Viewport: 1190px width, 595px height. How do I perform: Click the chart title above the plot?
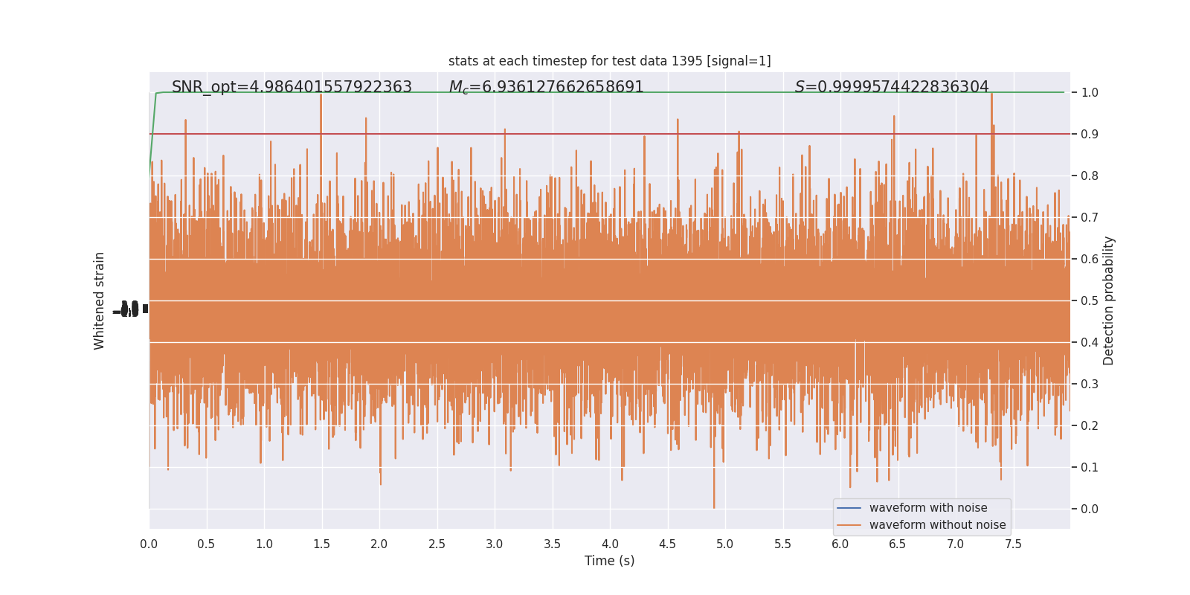coord(609,61)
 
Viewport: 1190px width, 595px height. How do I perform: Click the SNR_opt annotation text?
coord(292,87)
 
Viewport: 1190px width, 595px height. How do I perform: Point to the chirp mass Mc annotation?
coord(546,87)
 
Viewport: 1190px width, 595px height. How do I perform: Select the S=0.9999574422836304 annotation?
coord(891,87)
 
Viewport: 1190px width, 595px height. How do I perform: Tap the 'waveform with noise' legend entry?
coord(927,508)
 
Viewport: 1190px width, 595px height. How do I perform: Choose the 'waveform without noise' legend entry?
coord(936,525)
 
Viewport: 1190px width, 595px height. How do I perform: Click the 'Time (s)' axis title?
coord(609,561)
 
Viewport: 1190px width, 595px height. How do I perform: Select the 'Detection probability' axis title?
coord(1109,300)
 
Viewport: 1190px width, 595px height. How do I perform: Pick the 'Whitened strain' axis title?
coord(100,300)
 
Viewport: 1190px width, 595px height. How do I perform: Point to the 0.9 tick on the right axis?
coord(1089,135)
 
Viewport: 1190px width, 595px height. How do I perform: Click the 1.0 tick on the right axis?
coord(1089,93)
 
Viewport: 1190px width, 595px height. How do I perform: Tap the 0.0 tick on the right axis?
coord(1089,509)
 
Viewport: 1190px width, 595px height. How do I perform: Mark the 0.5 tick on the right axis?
coord(1089,301)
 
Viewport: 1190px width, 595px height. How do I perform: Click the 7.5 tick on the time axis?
coord(1013,544)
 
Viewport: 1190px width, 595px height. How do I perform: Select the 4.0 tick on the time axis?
coord(610,544)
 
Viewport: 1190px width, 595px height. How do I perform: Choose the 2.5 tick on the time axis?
coord(437,544)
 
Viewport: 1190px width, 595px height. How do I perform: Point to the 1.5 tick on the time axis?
coord(321,544)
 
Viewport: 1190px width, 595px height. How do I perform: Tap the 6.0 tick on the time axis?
coord(840,544)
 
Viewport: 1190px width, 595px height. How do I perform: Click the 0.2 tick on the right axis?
coord(1089,426)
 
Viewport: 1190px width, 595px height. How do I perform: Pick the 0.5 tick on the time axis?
coord(206,544)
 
